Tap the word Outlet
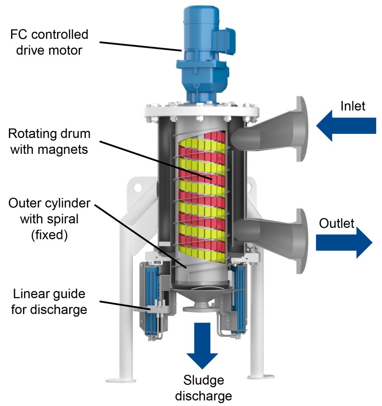336,224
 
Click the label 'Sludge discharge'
203,388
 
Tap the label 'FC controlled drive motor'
49,42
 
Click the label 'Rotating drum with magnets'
49,142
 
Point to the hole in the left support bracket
137,185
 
